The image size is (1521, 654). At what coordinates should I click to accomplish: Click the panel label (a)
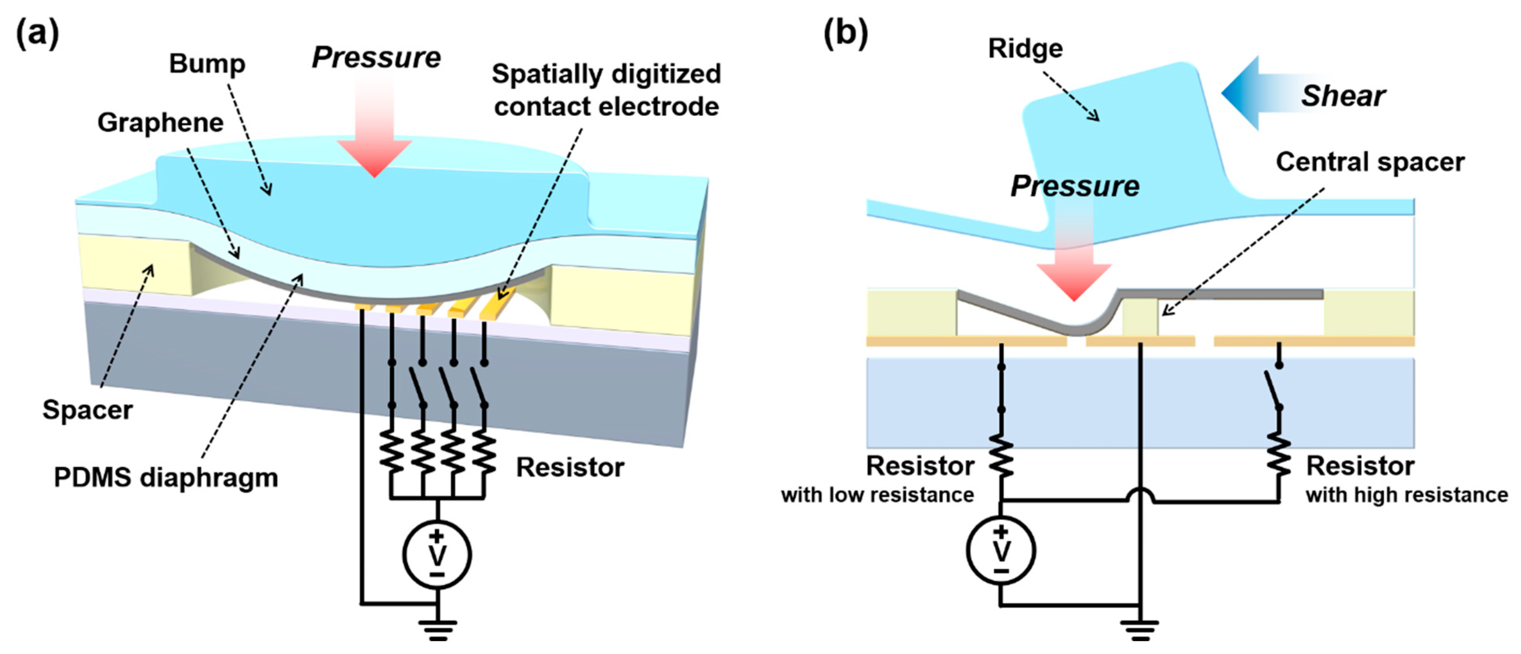[37, 34]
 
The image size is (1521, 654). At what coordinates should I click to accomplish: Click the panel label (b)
[846, 34]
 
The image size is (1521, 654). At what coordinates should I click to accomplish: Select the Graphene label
[160, 123]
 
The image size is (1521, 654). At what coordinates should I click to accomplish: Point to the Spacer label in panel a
[88, 410]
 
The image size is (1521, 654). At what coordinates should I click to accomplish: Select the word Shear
[1343, 96]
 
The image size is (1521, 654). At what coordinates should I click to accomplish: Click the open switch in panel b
[1274, 387]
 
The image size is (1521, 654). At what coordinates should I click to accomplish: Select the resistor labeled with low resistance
[1001, 456]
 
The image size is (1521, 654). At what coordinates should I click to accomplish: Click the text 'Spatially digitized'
[606, 74]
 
